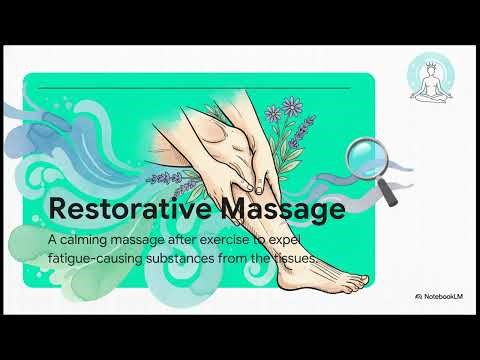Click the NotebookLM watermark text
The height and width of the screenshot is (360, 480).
click(x=439, y=296)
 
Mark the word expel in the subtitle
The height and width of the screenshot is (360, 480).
click(x=299, y=242)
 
